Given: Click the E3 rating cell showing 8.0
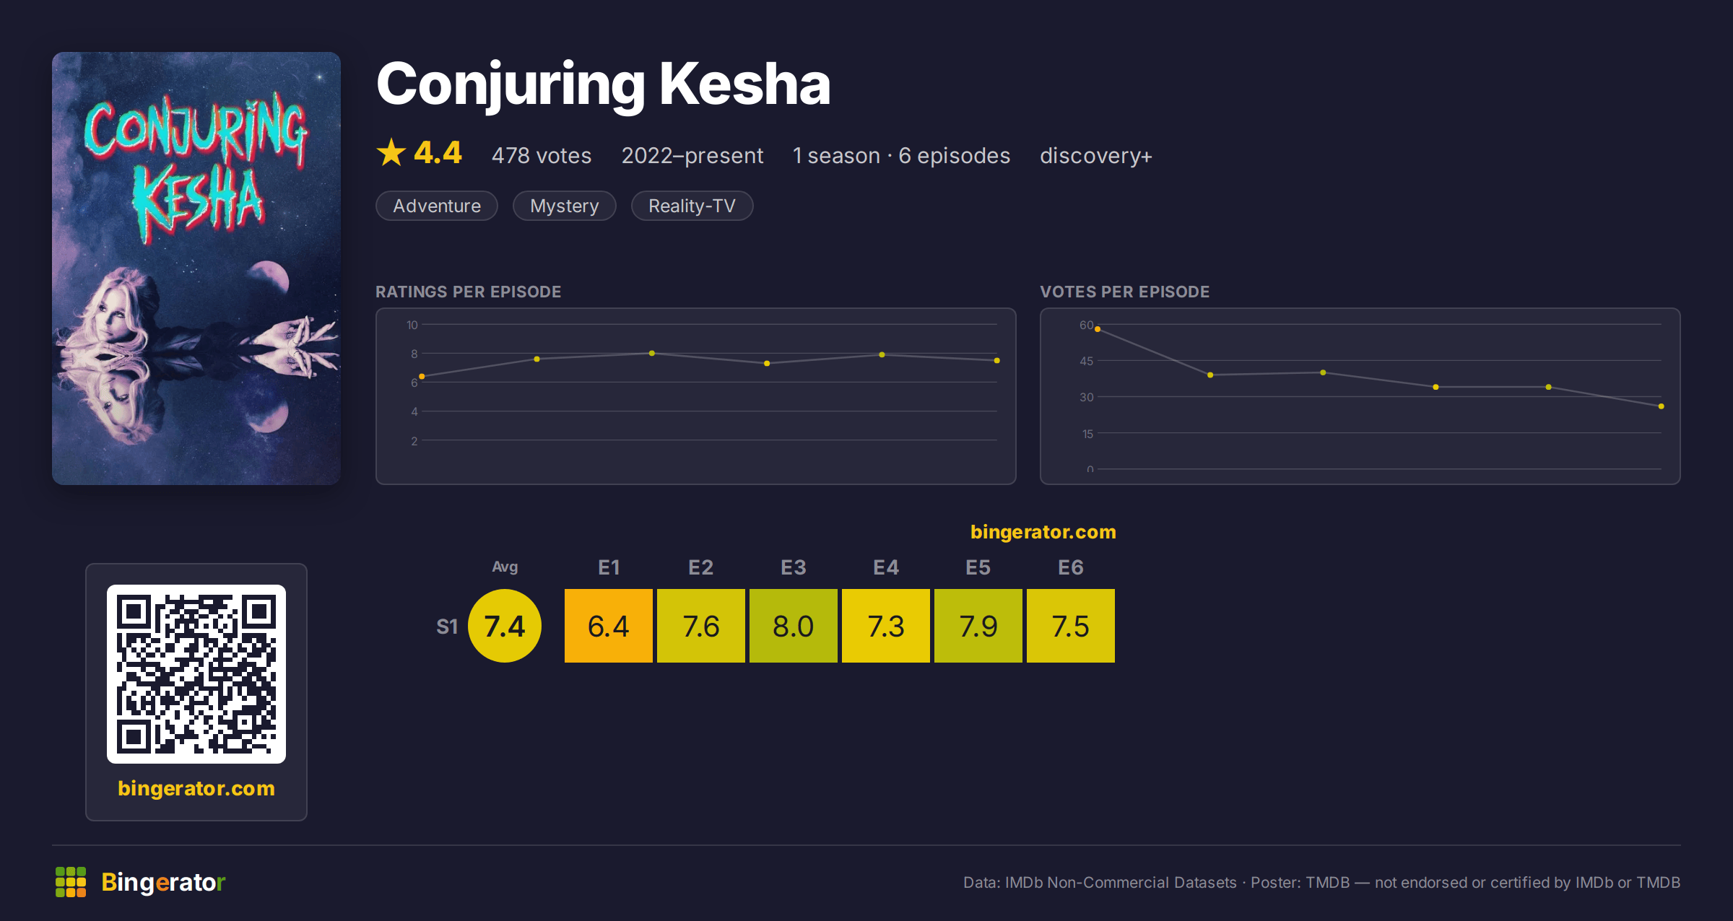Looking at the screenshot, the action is (793, 626).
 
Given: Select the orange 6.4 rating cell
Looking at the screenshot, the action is (608, 626).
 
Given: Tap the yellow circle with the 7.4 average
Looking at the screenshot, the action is (505, 626).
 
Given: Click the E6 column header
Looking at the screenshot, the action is (1070, 567).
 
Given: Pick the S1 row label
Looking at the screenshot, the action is (447, 627).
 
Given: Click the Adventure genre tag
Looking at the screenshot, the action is (437, 206).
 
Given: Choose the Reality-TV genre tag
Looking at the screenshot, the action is (692, 206).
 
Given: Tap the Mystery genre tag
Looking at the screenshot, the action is (565, 206).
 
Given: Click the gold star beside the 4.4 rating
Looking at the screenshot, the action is (391, 152).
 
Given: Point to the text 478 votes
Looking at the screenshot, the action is (542, 155).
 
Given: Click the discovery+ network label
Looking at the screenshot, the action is (1096, 155).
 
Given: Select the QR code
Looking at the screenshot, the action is (196, 674).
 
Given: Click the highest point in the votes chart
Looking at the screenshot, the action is (1098, 329).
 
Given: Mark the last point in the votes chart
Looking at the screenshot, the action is (1662, 406).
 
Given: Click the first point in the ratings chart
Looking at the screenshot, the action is (422, 376).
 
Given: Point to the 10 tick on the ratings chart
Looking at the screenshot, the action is (412, 325).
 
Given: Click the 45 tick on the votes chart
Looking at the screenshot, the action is (1087, 361).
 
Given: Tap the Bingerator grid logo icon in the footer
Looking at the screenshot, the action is (71, 882).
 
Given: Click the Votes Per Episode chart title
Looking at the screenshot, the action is (1125, 292).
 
